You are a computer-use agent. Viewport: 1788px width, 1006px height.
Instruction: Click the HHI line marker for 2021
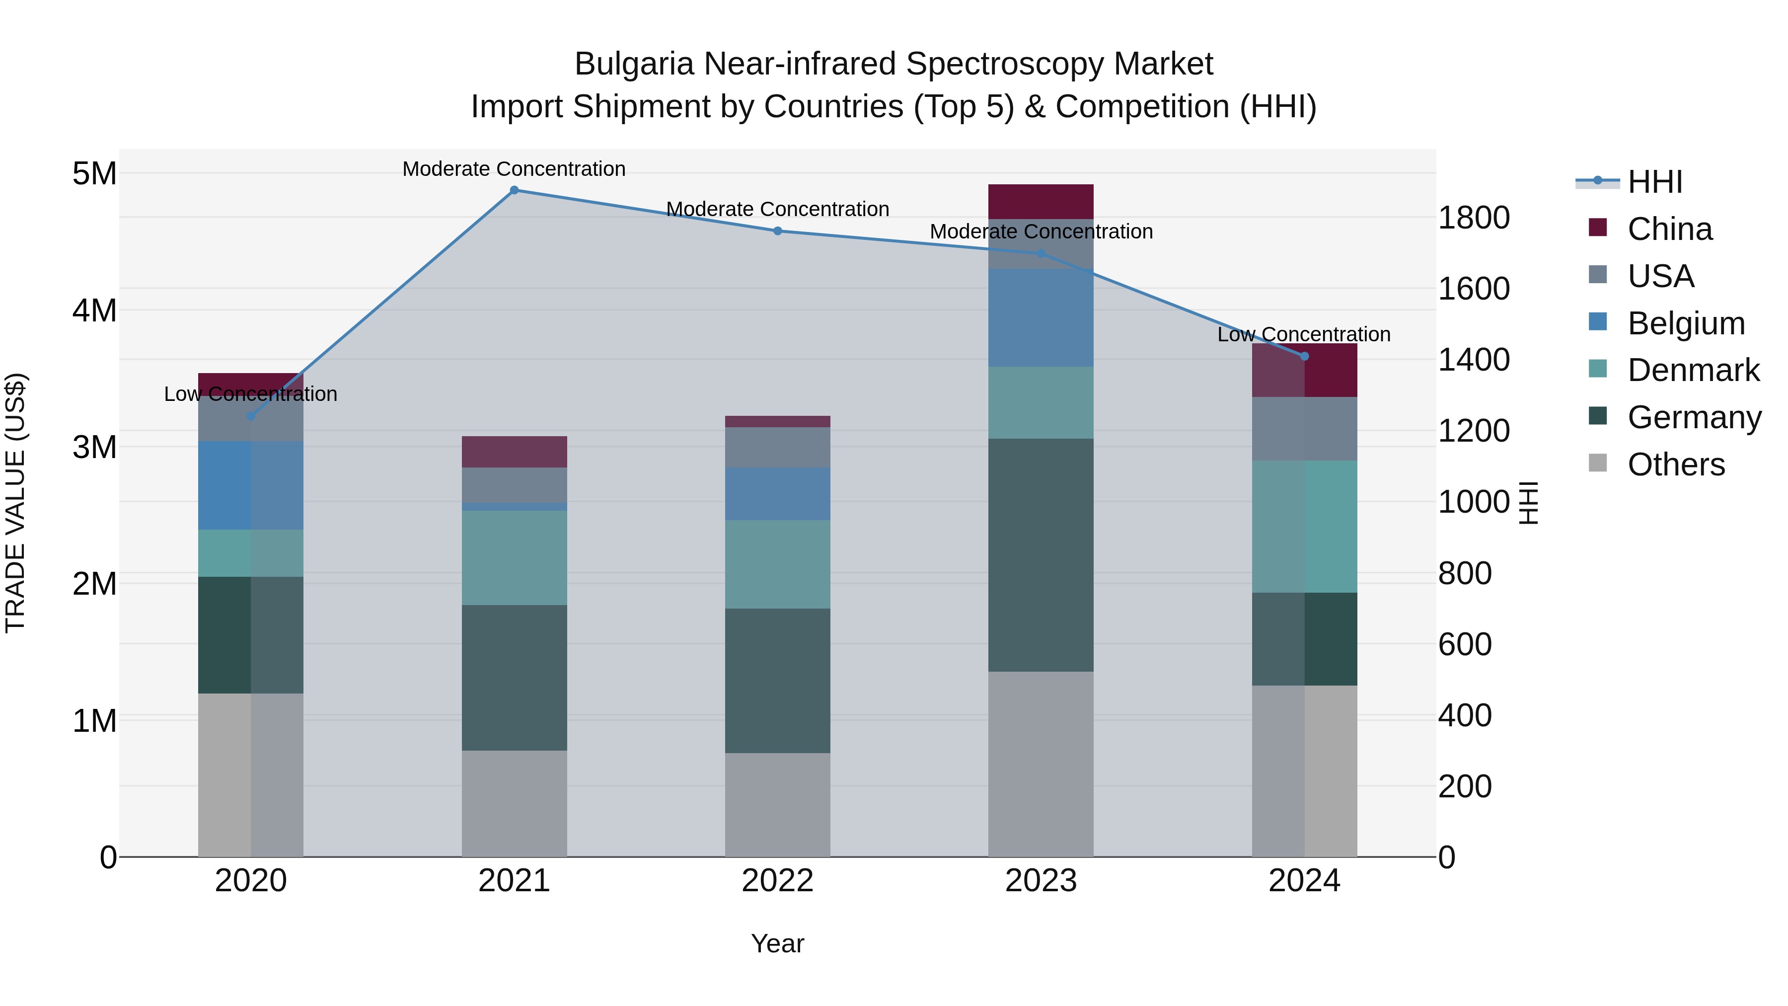[x=515, y=190]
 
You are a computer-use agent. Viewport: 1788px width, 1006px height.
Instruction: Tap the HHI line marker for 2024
[x=1304, y=356]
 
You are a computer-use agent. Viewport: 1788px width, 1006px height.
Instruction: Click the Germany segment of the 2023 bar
[x=1041, y=555]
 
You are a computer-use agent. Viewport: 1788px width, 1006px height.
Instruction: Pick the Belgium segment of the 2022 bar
[x=777, y=494]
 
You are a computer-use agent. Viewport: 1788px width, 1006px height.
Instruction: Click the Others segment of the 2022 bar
[x=777, y=805]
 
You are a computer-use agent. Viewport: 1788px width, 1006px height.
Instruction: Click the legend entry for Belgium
[x=1685, y=323]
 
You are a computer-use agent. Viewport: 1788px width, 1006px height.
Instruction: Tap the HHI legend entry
[x=1654, y=182]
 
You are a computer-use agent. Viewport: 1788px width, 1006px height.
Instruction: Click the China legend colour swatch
[x=1597, y=228]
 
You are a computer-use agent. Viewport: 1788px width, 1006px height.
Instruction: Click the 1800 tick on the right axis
[x=1474, y=218]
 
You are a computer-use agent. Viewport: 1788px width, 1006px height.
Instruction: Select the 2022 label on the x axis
[x=777, y=881]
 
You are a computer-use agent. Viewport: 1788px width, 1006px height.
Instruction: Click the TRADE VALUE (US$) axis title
[x=15, y=503]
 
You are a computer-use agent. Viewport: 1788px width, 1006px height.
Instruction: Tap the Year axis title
[x=777, y=943]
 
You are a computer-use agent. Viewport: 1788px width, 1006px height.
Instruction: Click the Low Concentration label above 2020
[x=251, y=394]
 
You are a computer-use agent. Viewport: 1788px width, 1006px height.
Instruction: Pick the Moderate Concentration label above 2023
[x=1041, y=232]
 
